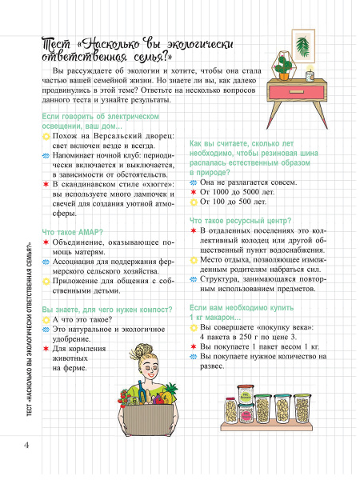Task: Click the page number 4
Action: pyautogui.click(x=27, y=444)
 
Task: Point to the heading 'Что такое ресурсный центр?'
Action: pyautogui.click(x=239, y=220)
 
